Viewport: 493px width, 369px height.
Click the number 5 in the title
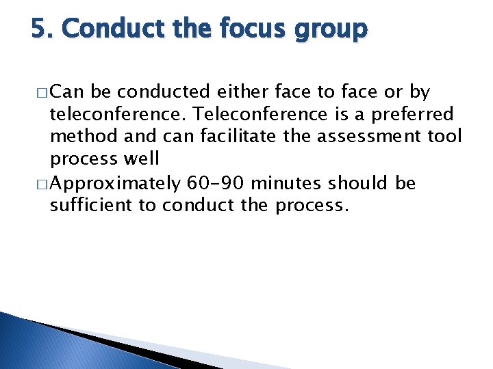click(x=39, y=29)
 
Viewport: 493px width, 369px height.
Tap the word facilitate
click(x=238, y=137)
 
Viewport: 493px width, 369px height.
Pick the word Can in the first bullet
click(x=66, y=91)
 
